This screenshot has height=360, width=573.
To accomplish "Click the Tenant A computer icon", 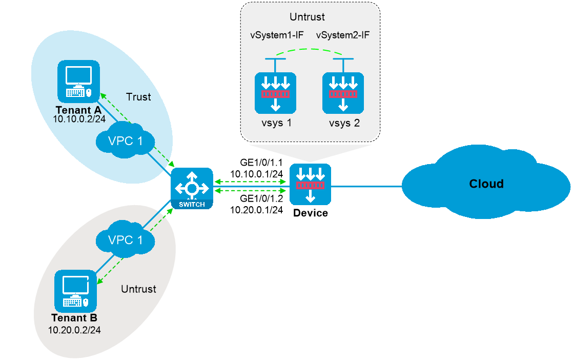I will click(78, 82).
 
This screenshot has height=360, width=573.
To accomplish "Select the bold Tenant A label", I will click(78, 109).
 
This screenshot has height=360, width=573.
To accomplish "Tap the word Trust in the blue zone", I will click(138, 97).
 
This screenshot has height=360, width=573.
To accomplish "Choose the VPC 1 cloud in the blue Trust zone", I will click(125, 141).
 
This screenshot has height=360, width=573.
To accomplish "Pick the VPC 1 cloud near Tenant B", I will click(125, 239).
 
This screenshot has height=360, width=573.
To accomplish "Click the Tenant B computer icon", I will click(75, 290).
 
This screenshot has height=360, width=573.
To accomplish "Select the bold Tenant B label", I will click(74, 318).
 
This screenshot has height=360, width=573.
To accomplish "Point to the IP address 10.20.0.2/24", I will click(74, 329).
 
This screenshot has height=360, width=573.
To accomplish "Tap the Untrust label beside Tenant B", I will click(138, 289).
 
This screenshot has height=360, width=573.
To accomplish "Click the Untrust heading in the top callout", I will click(307, 17).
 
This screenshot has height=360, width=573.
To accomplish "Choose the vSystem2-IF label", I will click(343, 35).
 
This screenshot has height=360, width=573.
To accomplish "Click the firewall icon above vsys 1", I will click(276, 93).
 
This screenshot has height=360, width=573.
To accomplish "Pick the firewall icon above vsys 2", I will click(343, 93).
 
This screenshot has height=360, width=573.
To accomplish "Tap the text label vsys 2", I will click(343, 124).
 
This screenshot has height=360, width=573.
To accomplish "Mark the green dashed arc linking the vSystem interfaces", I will click(309, 50).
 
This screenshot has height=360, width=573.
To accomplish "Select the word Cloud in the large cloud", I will click(486, 184).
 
